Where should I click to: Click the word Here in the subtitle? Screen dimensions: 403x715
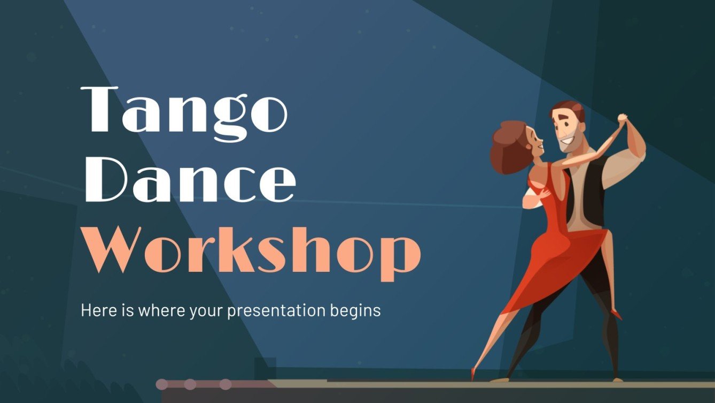tap(97, 310)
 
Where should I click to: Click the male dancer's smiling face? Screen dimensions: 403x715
tap(567, 134)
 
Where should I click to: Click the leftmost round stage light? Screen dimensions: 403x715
tap(162, 384)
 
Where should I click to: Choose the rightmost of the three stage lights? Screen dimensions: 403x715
tap(226, 384)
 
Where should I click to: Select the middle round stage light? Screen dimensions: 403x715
tap(190, 384)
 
